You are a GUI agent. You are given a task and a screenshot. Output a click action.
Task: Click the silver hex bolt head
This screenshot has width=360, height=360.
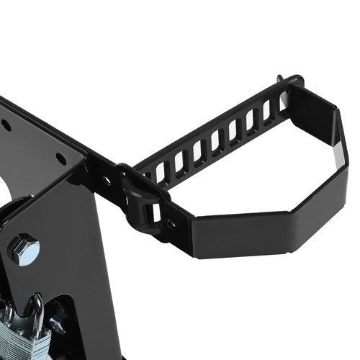[x=23, y=249]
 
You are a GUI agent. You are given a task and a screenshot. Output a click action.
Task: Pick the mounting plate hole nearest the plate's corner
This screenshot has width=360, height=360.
[x=60, y=158]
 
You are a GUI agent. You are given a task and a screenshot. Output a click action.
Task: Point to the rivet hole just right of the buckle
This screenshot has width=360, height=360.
[x=171, y=223]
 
